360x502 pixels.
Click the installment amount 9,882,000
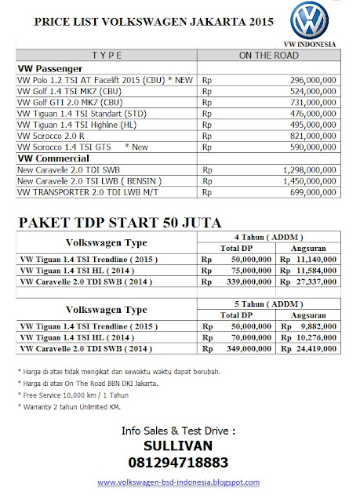pyautogui.click(x=317, y=322)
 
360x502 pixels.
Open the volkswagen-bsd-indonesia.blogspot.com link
pyautogui.click(x=180, y=484)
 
